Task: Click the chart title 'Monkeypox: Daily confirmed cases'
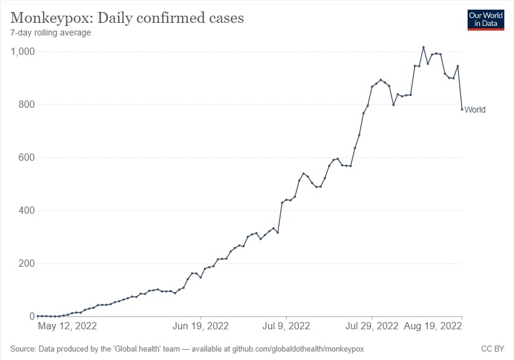pyautogui.click(x=127, y=17)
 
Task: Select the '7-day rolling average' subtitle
pyautogui.click(x=51, y=33)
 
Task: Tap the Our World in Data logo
pyautogui.click(x=486, y=19)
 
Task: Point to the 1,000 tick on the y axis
pyautogui.click(x=22, y=52)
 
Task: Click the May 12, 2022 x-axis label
pyautogui.click(x=67, y=326)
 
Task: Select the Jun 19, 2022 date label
pyautogui.click(x=201, y=326)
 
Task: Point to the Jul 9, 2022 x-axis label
pyautogui.click(x=286, y=326)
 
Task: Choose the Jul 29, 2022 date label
pyautogui.click(x=372, y=326)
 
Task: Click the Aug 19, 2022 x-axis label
pyautogui.click(x=434, y=326)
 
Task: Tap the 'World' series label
pyautogui.click(x=475, y=110)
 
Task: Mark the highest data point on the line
pyautogui.click(x=424, y=47)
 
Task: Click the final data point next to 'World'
pyautogui.click(x=462, y=109)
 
